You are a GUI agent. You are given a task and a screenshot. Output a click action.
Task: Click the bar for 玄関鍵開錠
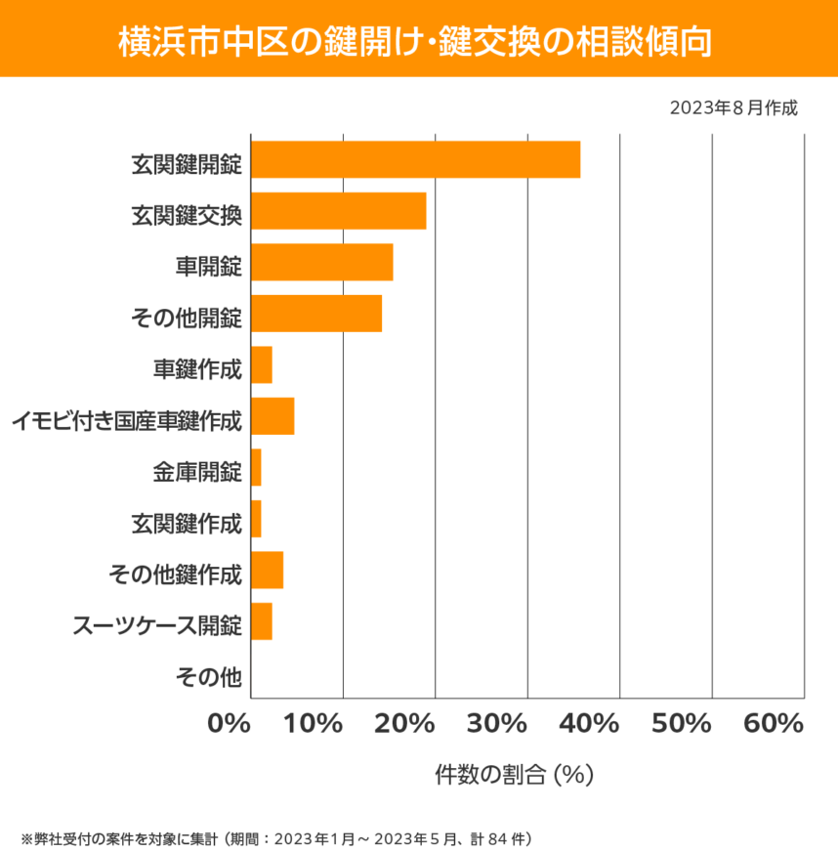coord(415,159)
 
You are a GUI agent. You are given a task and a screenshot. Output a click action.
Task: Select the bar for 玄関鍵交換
coord(338,211)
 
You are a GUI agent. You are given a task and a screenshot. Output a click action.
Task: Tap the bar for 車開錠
coord(321,263)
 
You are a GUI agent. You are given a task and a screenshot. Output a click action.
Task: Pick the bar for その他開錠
coord(316,314)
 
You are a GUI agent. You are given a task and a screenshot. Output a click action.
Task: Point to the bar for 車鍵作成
coord(262,365)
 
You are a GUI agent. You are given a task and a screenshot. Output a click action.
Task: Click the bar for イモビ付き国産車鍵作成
coord(272,416)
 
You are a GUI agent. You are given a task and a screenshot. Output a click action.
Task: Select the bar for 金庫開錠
coord(256,468)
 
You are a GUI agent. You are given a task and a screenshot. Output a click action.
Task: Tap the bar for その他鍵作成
coord(267,571)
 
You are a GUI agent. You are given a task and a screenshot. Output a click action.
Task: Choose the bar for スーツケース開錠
coord(262,621)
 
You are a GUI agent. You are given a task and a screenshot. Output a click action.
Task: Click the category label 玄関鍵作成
coord(186,522)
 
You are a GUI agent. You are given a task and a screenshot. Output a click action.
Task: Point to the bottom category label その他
coord(208,675)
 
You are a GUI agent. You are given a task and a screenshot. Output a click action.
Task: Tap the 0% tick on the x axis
coord(230,724)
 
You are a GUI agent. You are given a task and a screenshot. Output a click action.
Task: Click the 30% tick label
coord(497,724)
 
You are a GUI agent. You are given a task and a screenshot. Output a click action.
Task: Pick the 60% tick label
coord(773,724)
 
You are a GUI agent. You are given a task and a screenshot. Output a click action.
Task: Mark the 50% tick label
coord(681,724)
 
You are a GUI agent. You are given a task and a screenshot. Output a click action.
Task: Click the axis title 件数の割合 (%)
coord(514,775)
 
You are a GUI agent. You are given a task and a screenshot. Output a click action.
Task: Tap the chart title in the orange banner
coord(418,40)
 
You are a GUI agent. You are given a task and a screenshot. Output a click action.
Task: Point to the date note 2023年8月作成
coord(733,107)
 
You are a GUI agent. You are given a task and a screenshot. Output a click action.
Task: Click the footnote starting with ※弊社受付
coord(275,837)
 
